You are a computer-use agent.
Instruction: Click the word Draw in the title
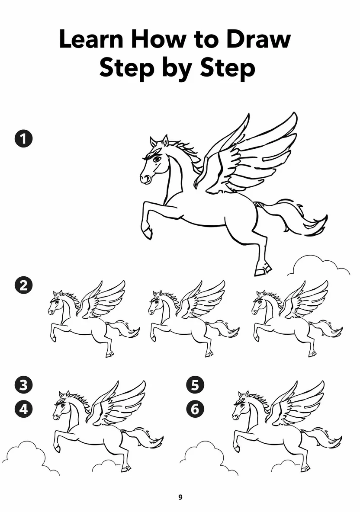coord(258,39)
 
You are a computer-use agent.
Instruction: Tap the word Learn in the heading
coord(91,39)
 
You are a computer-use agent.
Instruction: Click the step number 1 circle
coord(23,138)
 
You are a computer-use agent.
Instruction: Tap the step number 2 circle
coord(23,285)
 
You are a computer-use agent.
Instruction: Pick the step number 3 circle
coord(23,384)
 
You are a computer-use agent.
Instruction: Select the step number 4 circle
coord(23,409)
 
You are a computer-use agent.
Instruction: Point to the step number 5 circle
coord(195,384)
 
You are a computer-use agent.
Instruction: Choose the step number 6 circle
coord(195,409)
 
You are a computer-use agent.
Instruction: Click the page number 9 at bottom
coord(180,497)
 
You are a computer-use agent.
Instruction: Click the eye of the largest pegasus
coord(157,159)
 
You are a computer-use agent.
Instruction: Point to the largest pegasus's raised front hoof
coord(148,233)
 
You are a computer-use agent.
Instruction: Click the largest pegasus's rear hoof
coord(263,270)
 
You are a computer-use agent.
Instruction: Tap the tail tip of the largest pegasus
coord(325,218)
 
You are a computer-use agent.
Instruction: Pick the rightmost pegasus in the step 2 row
coord(297,318)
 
